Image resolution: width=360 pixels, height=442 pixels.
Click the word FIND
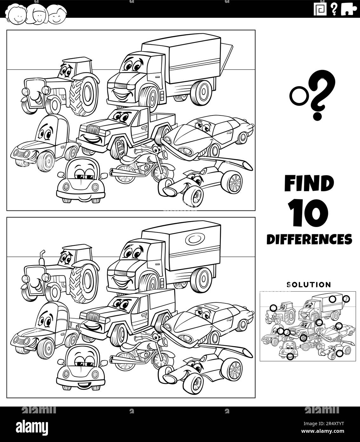point(309,183)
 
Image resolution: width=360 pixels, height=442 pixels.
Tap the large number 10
point(308,213)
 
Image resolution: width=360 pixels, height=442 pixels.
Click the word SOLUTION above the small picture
point(309,285)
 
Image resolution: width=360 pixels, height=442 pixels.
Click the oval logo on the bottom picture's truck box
point(195,240)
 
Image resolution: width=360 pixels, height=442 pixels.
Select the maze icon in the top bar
point(320,9)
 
